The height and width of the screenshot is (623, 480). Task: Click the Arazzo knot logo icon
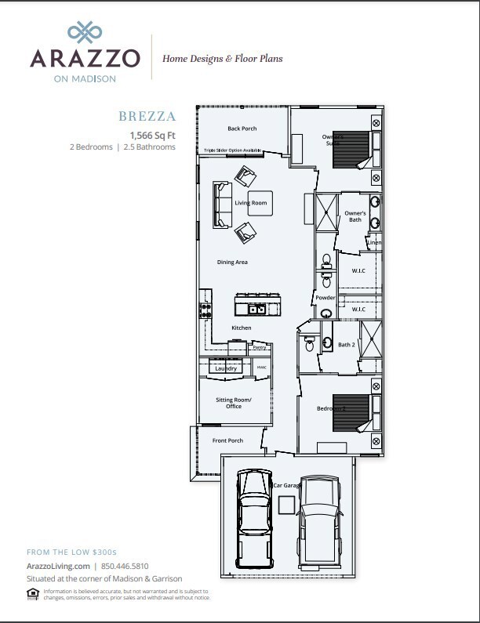[85, 31]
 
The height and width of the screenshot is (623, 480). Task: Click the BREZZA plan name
[147, 117]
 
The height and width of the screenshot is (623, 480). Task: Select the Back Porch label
[242, 129]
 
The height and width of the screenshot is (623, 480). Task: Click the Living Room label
[251, 203]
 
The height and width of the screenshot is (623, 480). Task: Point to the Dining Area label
[232, 262]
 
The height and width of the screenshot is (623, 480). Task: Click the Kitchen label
[242, 327]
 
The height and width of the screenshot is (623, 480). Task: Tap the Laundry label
[226, 368]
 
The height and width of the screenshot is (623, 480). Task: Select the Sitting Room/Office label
[234, 402]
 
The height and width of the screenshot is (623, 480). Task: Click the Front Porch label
[228, 440]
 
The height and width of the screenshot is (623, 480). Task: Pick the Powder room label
[325, 298]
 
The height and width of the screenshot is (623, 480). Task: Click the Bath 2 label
[347, 345]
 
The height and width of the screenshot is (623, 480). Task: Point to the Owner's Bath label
[355, 216]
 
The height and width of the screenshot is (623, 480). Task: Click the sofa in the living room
[222, 203]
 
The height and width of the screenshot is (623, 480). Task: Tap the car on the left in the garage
[254, 513]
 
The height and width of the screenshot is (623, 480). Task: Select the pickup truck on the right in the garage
[321, 518]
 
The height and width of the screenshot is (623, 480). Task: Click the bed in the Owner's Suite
[351, 149]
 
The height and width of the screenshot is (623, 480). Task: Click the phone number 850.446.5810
[124, 566]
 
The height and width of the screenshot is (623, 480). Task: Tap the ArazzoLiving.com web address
[58, 566]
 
